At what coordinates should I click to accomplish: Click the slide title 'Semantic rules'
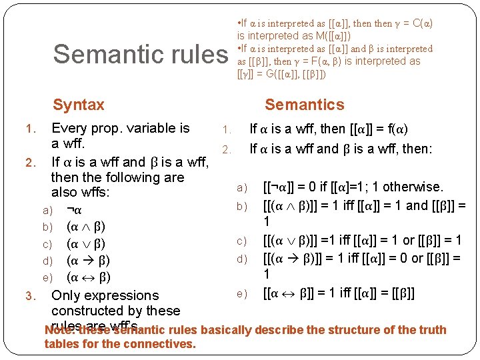pos(140,54)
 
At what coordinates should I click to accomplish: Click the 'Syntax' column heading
pos(79,105)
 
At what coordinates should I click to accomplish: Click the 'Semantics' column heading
pos(305,105)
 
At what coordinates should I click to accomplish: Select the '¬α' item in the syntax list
pos(74,210)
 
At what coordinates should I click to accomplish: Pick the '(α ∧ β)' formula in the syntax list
pos(86,227)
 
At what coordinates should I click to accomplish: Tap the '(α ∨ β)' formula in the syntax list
pos(86,243)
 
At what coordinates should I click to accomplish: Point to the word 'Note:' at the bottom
pos(59,330)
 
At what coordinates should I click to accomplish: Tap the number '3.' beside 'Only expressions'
pos(29,295)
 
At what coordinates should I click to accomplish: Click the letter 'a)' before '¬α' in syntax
pos(47,211)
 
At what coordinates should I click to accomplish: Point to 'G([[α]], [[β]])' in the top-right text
pos(295,74)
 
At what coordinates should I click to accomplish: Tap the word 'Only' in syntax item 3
pos(66,295)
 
